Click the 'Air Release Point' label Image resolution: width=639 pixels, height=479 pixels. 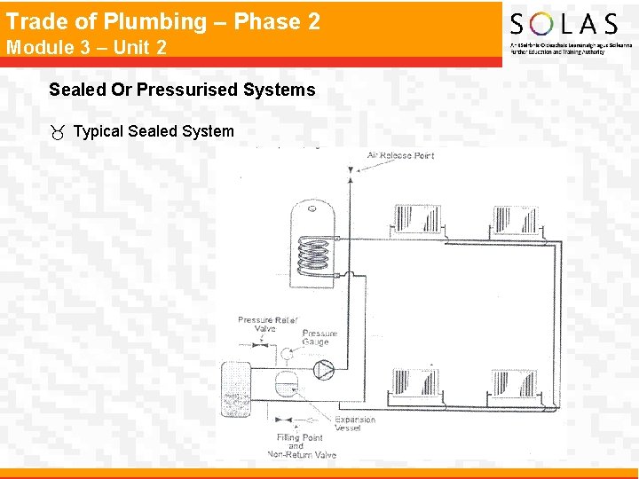click(400, 156)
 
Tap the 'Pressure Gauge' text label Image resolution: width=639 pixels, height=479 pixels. click(319, 338)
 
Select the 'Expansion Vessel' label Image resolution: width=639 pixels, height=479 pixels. click(355, 424)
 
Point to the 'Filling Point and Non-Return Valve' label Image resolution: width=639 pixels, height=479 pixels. click(302, 446)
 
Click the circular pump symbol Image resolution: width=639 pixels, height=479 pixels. click(325, 365)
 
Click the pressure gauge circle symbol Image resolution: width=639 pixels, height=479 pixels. click(288, 353)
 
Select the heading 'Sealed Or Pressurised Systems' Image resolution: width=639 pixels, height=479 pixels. click(182, 90)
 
